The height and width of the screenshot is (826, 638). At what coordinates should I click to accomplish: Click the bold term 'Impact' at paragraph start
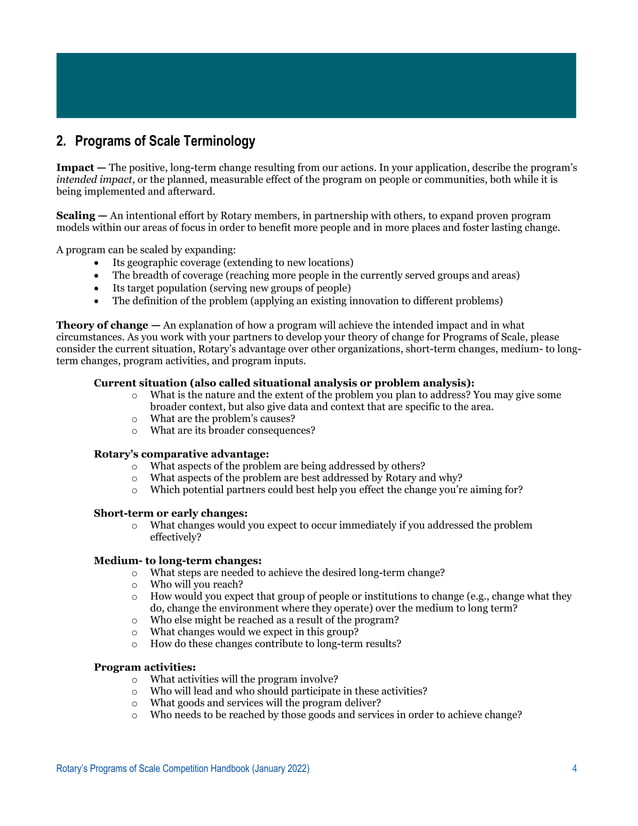tap(76, 166)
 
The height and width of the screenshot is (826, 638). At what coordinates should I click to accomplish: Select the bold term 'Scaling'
tap(77, 215)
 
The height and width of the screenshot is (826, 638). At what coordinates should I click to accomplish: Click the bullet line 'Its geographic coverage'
tap(232, 262)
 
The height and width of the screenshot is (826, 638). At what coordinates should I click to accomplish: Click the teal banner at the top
tap(318, 87)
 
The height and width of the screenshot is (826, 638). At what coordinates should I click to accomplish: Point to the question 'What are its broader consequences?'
tap(232, 431)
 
